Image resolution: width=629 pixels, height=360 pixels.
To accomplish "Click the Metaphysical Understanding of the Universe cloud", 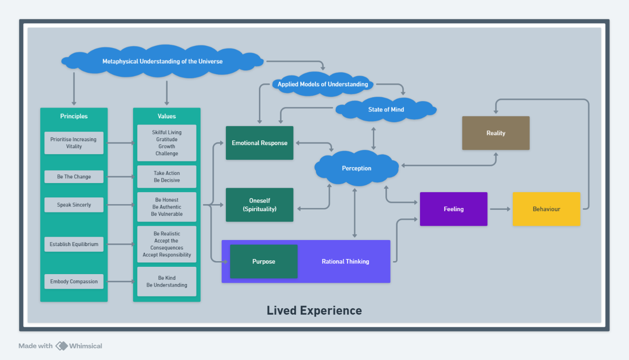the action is [162, 61].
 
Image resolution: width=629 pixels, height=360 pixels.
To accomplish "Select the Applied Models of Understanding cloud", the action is [322, 84].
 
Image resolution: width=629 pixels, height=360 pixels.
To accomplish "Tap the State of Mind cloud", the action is [386, 110].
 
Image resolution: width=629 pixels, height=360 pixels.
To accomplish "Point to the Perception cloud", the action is [357, 168].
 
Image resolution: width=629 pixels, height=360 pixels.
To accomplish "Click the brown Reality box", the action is [496, 133].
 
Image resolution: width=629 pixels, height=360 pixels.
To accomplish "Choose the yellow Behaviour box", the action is [547, 209].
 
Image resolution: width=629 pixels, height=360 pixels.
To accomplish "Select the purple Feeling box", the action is [454, 209].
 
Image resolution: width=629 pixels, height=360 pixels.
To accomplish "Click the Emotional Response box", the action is [259, 143].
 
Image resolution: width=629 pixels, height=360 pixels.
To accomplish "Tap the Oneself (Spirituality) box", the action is [259, 205].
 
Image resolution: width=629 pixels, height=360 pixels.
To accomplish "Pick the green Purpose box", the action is [264, 262].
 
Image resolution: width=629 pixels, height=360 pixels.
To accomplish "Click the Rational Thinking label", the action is [345, 262].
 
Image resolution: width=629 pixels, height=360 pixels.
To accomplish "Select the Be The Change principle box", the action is [74, 177].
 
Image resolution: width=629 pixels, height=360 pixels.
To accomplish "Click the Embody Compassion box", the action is [74, 281].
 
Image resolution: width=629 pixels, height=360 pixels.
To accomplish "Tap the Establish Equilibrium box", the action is [74, 244].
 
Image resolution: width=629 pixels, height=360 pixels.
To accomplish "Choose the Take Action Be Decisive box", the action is [167, 177].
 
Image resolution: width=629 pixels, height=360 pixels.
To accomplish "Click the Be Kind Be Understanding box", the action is [167, 281].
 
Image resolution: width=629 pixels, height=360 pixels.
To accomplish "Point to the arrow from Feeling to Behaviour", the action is [500, 209].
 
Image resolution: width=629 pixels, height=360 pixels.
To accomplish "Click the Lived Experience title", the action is [314, 311].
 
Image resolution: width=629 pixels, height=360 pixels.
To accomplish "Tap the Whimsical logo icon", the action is [61, 346].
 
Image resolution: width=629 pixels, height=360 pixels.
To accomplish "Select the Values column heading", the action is [167, 116].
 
